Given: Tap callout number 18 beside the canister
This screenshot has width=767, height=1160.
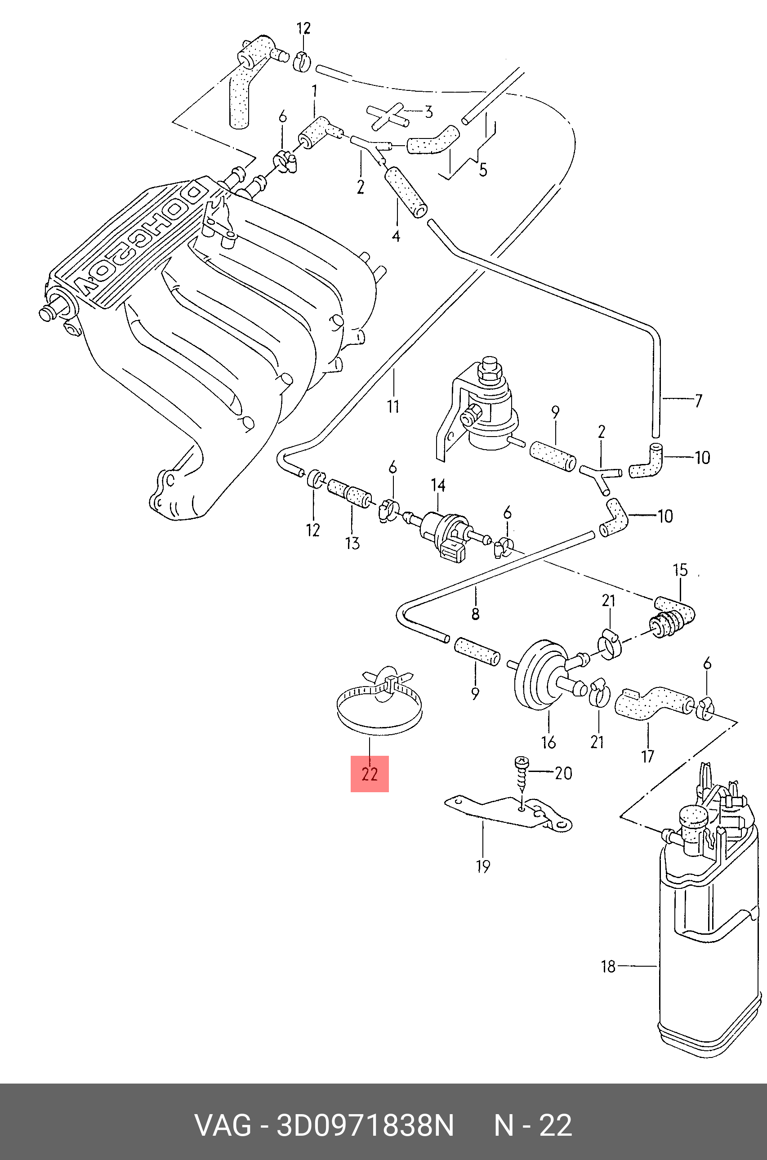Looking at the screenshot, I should (x=608, y=966).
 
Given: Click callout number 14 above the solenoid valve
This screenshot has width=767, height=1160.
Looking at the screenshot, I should (x=438, y=485).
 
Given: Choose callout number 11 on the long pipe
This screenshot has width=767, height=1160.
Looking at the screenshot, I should (x=393, y=406).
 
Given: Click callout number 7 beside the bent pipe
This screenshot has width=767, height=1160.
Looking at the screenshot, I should (x=698, y=401).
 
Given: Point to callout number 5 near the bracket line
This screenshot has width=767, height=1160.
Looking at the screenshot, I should (x=483, y=170).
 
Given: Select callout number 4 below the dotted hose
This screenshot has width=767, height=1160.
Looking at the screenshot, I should (x=396, y=236).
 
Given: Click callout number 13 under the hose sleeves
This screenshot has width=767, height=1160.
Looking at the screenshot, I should (x=352, y=543).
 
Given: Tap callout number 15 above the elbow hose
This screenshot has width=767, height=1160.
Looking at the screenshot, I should (x=680, y=570).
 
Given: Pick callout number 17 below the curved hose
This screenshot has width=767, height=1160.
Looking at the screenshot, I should (x=648, y=757).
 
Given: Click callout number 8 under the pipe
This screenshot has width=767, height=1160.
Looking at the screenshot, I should (x=475, y=613).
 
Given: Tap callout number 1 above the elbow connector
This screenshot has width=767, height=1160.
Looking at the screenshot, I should (x=315, y=91).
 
